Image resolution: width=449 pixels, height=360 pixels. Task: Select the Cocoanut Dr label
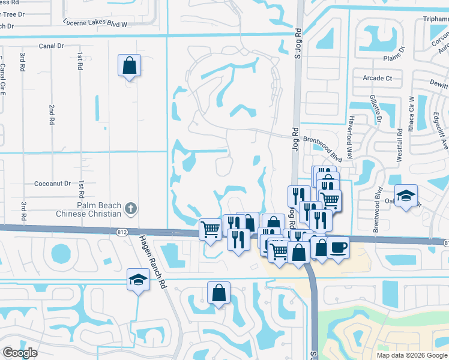(x=52, y=184)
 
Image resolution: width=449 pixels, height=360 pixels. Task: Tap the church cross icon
(x=131, y=209)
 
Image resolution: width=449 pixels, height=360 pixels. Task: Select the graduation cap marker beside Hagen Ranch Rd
(x=139, y=279)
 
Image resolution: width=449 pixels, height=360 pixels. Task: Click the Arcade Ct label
(x=377, y=78)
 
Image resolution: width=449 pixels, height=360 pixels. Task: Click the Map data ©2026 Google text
(x=411, y=355)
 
